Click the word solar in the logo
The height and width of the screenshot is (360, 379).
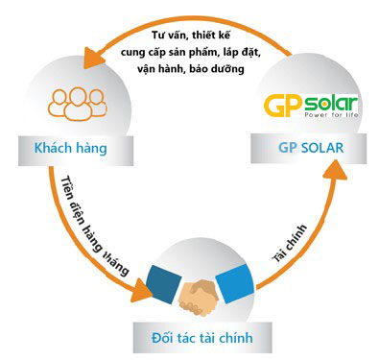point(327,101)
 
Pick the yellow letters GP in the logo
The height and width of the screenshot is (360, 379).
point(278,102)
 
